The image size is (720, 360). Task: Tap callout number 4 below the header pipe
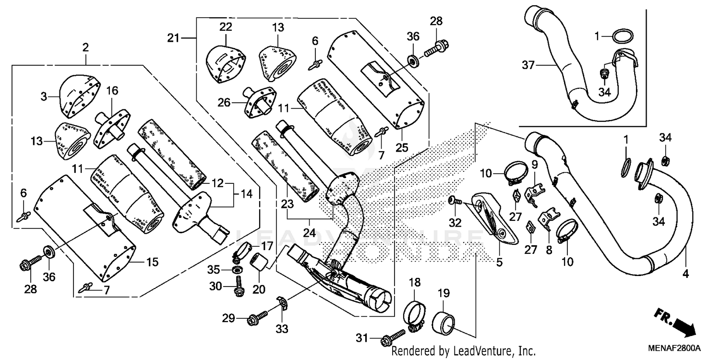pos(685,274)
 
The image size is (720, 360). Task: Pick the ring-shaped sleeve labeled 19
pos(444,321)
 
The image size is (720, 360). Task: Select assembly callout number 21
pos(173,37)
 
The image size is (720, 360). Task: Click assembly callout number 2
pos(85,48)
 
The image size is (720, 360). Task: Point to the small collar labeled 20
pos(260,264)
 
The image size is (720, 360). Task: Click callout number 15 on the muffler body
pos(152,262)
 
